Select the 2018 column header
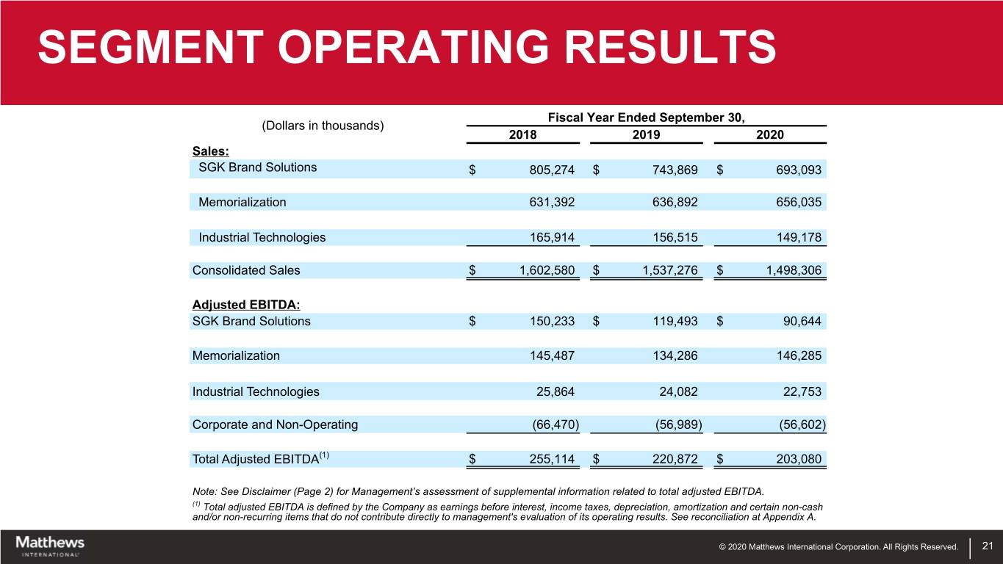[x=522, y=135]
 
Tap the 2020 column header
[x=770, y=135]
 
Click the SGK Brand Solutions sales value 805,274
[x=552, y=170]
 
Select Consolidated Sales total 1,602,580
[x=547, y=270]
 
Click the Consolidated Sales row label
[x=246, y=270]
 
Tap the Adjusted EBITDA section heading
[x=247, y=304]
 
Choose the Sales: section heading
[x=210, y=151]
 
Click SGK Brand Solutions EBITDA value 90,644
[x=802, y=321]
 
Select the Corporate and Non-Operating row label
[x=275, y=424]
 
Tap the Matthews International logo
[x=50, y=546]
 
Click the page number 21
[x=987, y=546]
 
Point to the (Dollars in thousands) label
[x=323, y=125]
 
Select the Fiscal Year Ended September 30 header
[x=646, y=117]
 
